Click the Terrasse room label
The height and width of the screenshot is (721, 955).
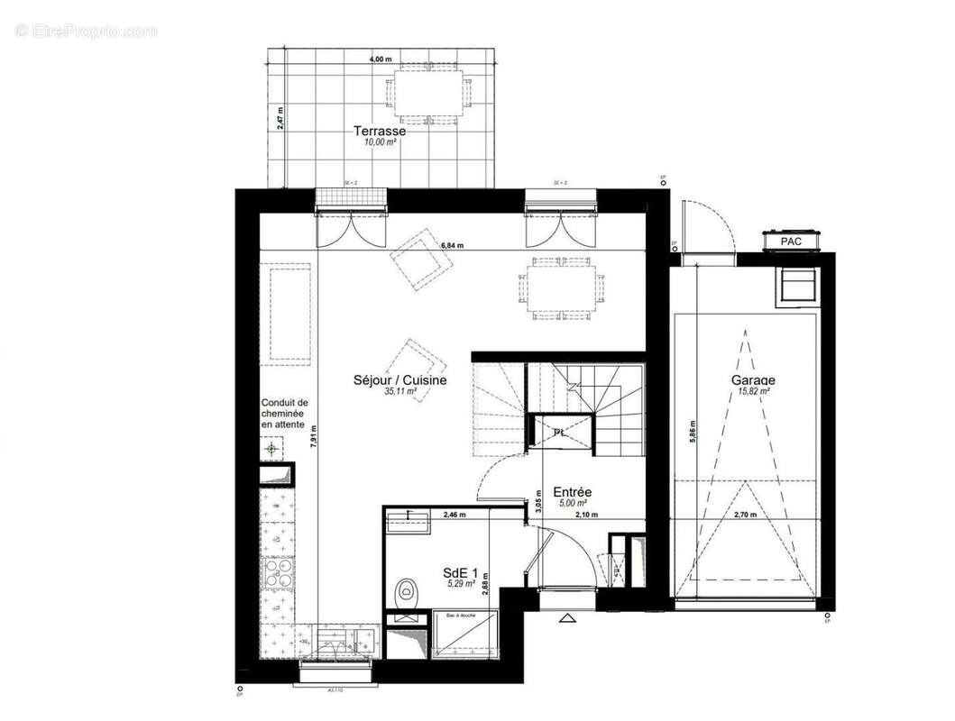[x=379, y=131]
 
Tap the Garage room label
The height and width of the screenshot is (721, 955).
[x=752, y=379]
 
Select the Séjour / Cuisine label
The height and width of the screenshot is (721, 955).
[x=399, y=379]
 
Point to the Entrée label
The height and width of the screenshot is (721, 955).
[x=572, y=491]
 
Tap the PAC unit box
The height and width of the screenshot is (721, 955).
[x=790, y=241]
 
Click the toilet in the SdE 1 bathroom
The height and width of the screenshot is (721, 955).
[x=408, y=591]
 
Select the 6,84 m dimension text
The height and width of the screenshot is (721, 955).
[x=454, y=244]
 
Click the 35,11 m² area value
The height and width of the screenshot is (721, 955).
[x=399, y=392]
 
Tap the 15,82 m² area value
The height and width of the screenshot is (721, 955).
[x=752, y=391]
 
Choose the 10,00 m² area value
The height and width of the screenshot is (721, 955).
[x=379, y=142]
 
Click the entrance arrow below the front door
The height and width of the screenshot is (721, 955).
[x=567, y=618]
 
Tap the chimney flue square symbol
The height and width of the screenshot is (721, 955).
[x=271, y=448]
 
